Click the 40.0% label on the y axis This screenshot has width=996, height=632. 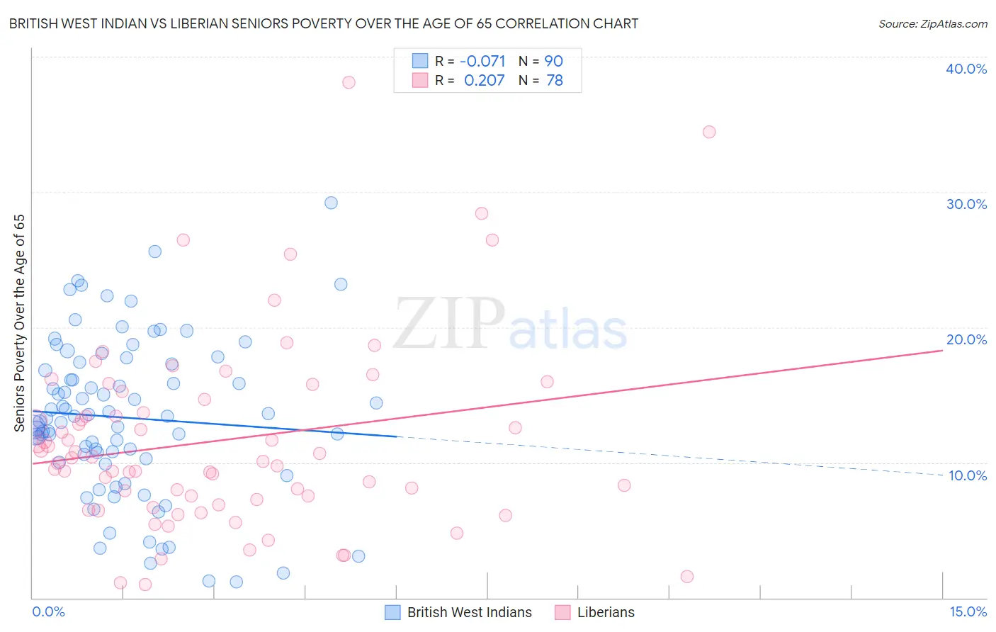tap(966, 69)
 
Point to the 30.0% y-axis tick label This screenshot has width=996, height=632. tap(966, 204)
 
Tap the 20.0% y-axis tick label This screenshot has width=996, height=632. tap(966, 339)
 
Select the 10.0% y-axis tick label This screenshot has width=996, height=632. tap(967, 475)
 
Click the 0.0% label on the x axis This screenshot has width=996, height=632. tap(48, 611)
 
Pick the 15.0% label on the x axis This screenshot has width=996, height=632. tap(968, 611)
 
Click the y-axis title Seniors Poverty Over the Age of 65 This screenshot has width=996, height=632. tap(19, 322)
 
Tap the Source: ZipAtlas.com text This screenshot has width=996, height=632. tap(932, 23)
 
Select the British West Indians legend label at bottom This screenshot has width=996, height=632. tap(469, 612)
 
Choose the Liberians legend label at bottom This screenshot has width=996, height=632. tap(606, 612)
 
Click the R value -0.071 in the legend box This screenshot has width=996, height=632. tap(482, 61)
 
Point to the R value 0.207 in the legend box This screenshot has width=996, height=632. tap(484, 80)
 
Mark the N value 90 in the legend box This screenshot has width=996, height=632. tap(553, 61)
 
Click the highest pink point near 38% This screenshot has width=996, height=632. tap(349, 82)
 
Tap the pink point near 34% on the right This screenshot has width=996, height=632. tap(709, 132)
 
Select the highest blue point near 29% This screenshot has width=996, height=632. tap(331, 203)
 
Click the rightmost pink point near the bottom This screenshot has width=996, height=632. tap(686, 577)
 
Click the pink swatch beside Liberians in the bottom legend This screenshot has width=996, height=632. tap(562, 612)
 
